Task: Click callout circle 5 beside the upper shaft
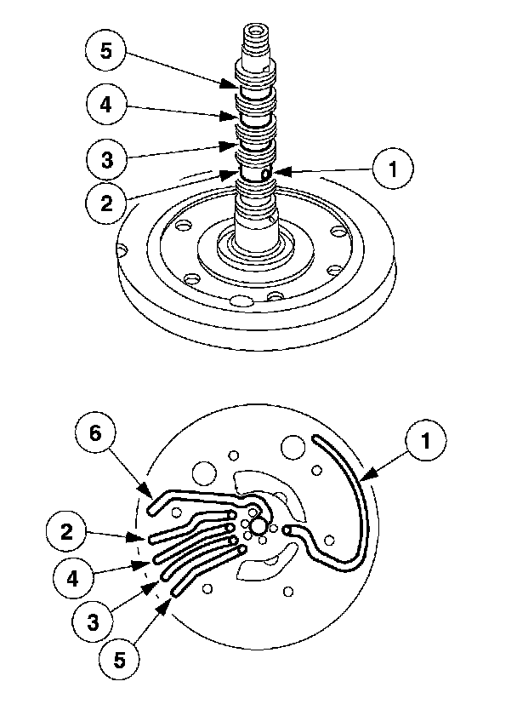coord(106,51)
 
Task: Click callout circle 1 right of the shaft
coord(392,169)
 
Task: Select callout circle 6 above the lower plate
coord(96,433)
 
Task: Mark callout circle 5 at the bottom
coord(120,658)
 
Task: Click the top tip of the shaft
coord(254,31)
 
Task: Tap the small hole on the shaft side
coord(265,173)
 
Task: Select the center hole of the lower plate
coord(258,528)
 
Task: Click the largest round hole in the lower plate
coord(293,448)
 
